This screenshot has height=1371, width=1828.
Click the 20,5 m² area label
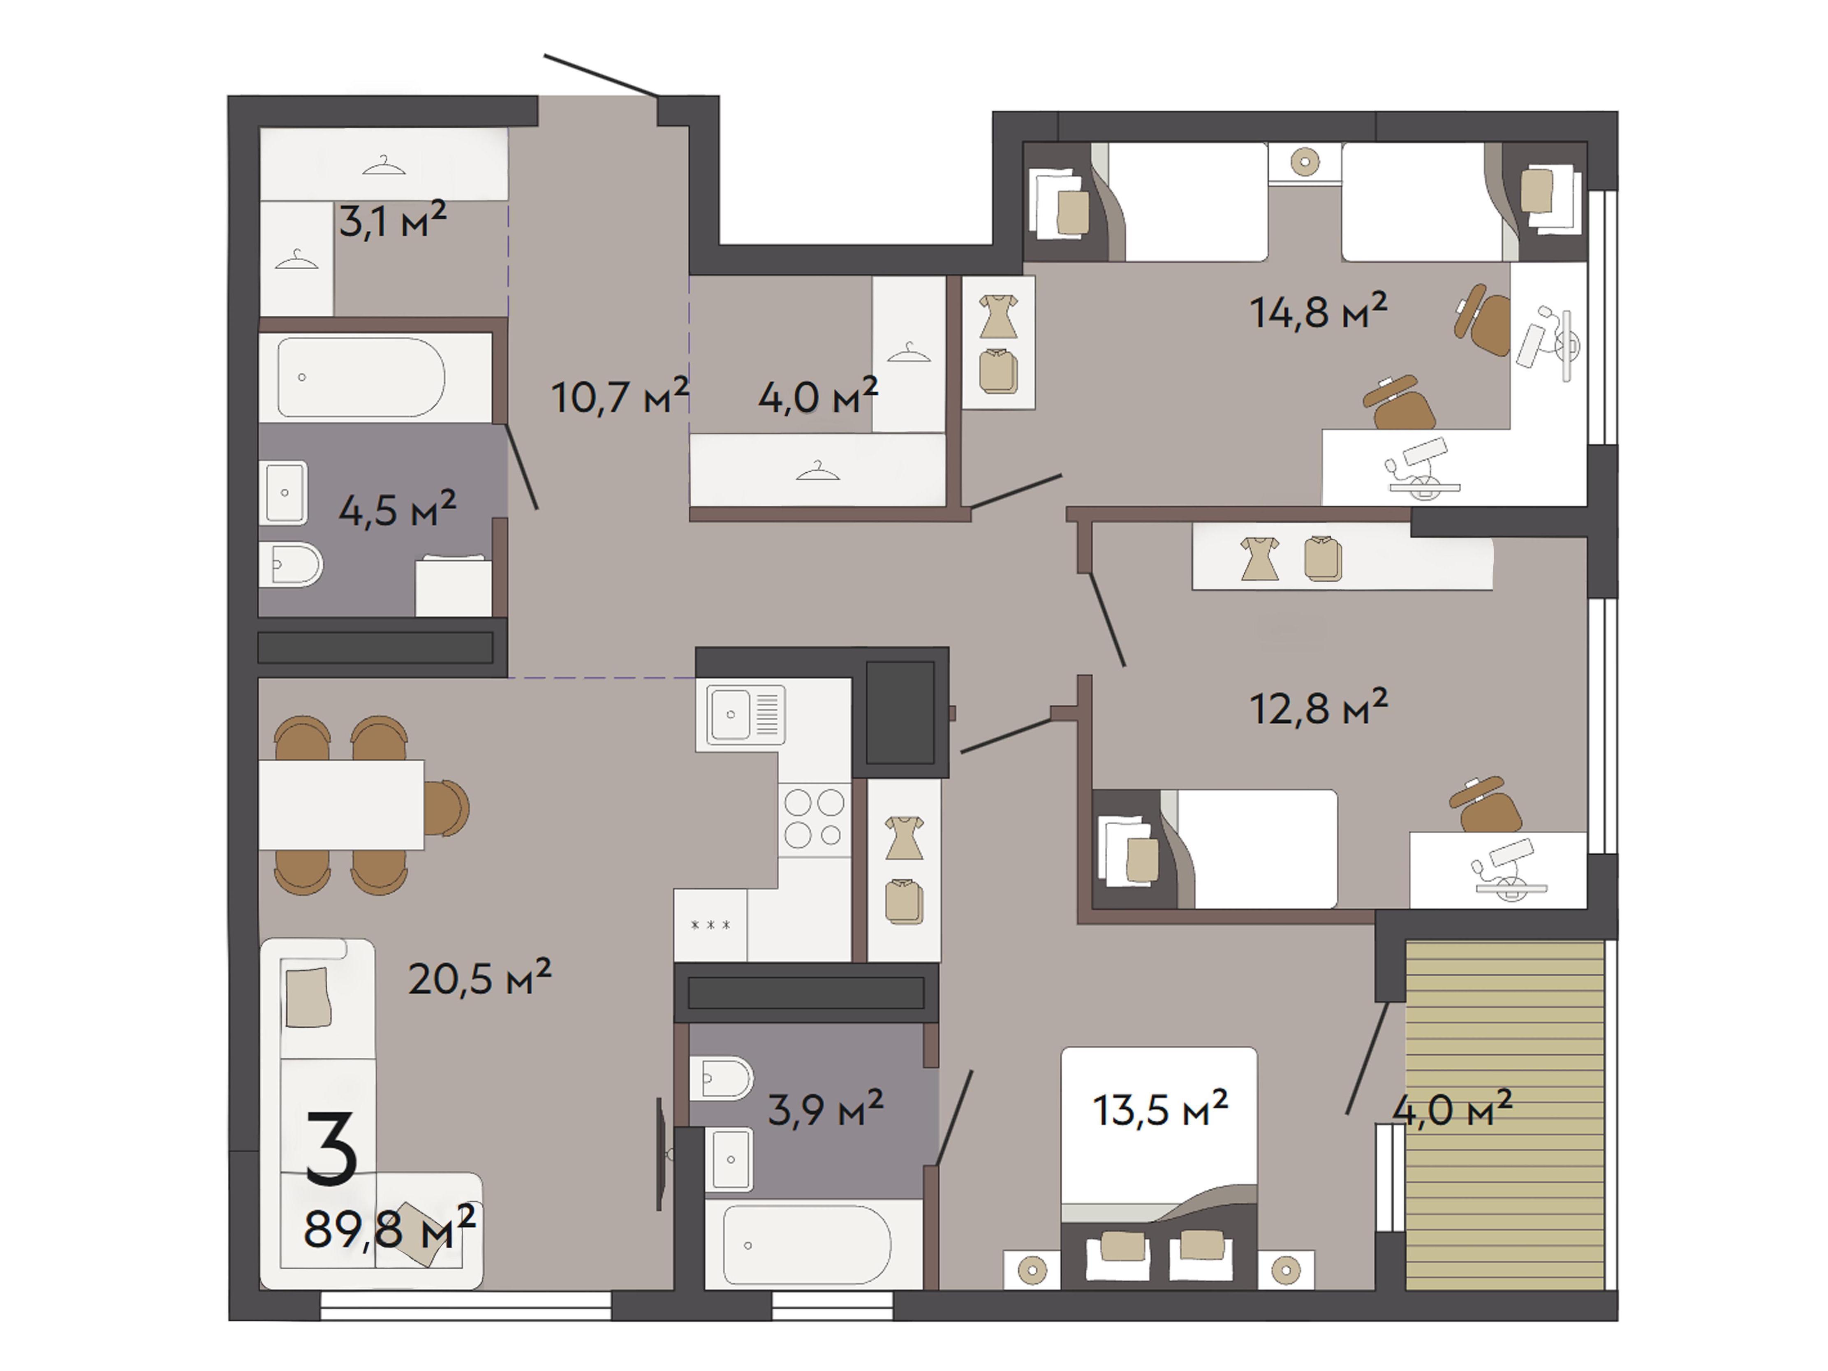pyautogui.click(x=479, y=978)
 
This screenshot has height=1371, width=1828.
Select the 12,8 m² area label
pyautogui.click(x=1318, y=707)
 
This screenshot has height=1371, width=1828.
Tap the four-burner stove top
pyautogui.click(x=814, y=818)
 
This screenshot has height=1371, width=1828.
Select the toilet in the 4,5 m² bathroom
pyautogui.click(x=289, y=564)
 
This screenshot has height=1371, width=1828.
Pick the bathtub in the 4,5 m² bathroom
pyautogui.click(x=361, y=378)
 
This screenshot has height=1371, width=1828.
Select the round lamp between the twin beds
pyautogui.click(x=1304, y=162)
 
